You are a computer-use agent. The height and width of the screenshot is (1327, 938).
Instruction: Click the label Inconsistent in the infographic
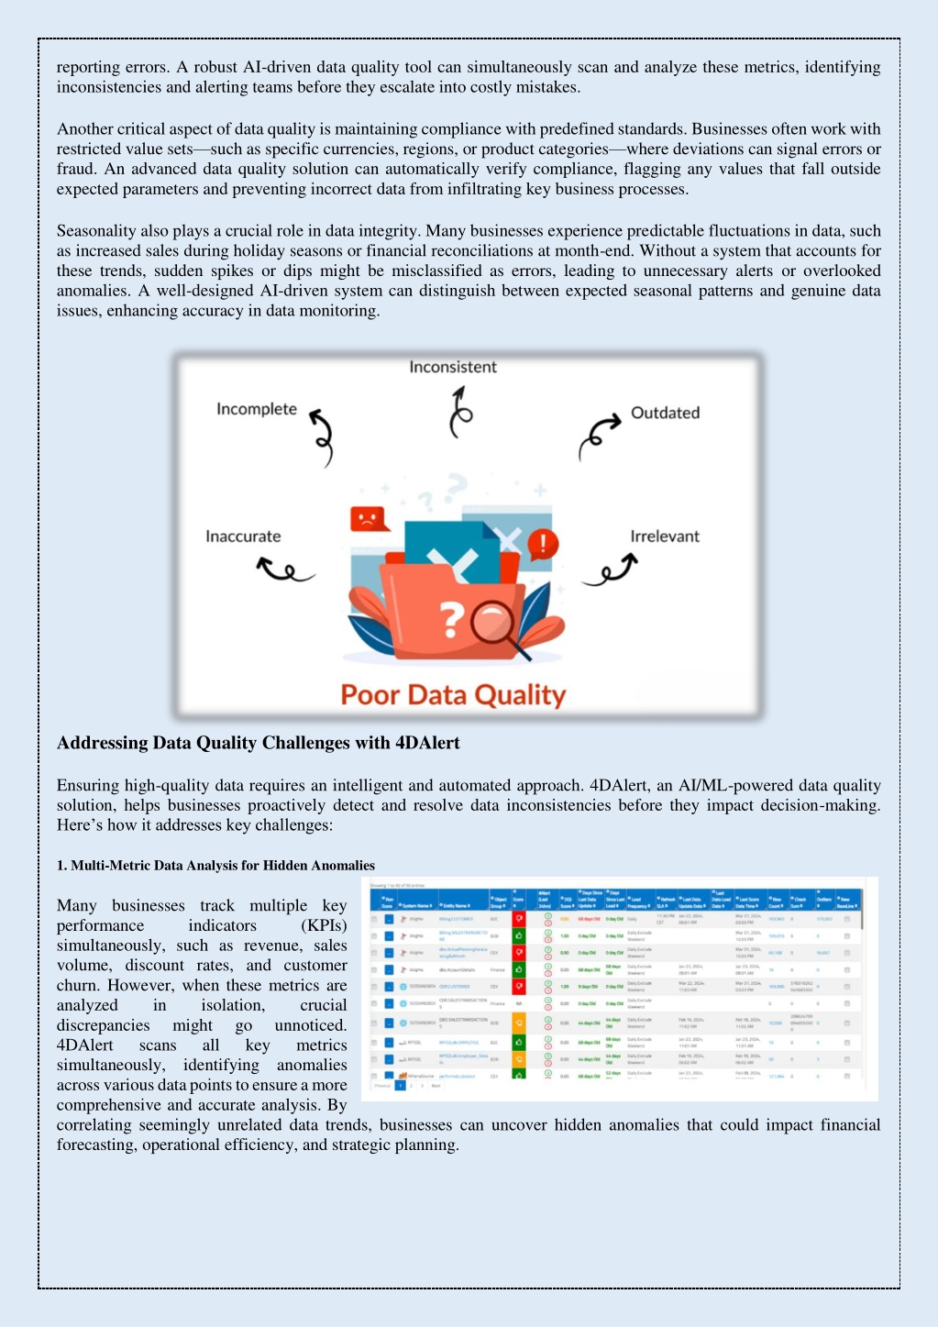click(x=453, y=367)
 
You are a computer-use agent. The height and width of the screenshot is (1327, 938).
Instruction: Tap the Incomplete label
click(x=257, y=409)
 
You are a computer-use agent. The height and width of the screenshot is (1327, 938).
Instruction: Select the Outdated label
click(x=665, y=413)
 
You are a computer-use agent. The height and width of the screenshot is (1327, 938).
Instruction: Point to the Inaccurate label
click(x=243, y=536)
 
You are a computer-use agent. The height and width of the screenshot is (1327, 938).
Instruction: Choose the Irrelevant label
click(x=664, y=536)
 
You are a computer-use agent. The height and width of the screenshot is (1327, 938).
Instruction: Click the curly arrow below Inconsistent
click(x=459, y=412)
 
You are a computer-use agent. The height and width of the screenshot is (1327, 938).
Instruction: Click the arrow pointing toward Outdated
click(x=600, y=435)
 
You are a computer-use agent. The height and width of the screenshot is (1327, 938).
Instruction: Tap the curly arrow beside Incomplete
click(x=322, y=437)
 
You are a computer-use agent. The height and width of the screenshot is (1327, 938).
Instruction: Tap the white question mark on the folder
click(x=451, y=620)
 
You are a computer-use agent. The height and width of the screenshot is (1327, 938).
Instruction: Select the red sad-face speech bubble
click(x=369, y=519)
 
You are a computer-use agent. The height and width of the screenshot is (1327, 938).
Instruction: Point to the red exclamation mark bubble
click(x=543, y=543)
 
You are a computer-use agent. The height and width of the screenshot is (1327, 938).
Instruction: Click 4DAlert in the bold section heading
click(x=427, y=743)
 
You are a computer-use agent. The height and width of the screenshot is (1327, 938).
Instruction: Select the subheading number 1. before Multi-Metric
click(x=61, y=866)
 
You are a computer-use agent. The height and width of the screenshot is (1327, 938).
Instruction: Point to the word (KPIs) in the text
click(x=324, y=925)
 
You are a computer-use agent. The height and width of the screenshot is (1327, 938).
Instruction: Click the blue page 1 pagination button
click(x=400, y=1085)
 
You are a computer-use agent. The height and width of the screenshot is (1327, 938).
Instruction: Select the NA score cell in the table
click(x=519, y=1003)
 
